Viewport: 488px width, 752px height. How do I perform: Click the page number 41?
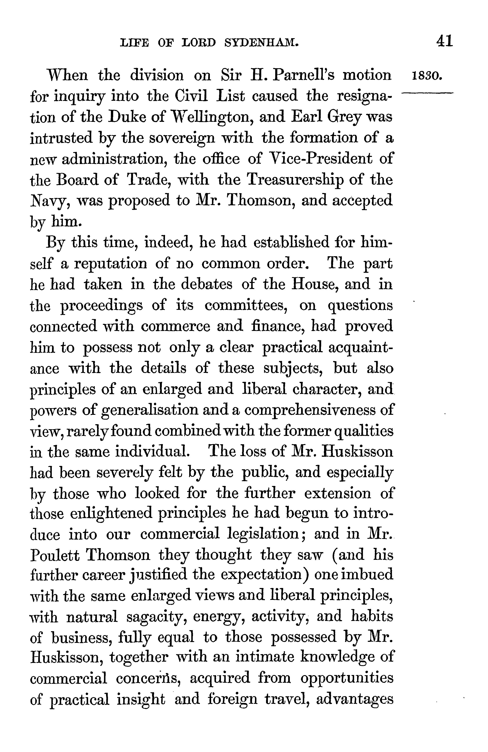click(x=444, y=41)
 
